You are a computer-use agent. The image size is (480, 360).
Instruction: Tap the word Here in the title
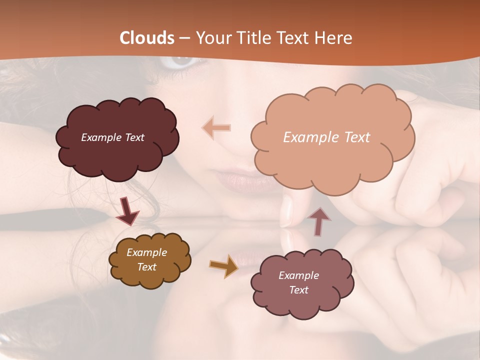pos(335,38)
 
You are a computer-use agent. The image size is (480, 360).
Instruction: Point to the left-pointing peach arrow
pos(216,128)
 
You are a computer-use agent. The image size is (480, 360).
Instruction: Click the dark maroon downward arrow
pos(127,210)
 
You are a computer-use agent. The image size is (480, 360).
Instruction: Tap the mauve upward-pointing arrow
pos(318,221)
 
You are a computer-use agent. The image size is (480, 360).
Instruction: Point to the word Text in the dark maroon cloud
pos(134,137)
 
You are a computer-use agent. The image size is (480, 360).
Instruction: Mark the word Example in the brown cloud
pos(147,252)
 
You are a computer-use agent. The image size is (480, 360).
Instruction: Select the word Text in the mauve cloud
pos(298,290)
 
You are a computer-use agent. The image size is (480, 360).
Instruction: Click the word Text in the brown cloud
pos(147,267)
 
